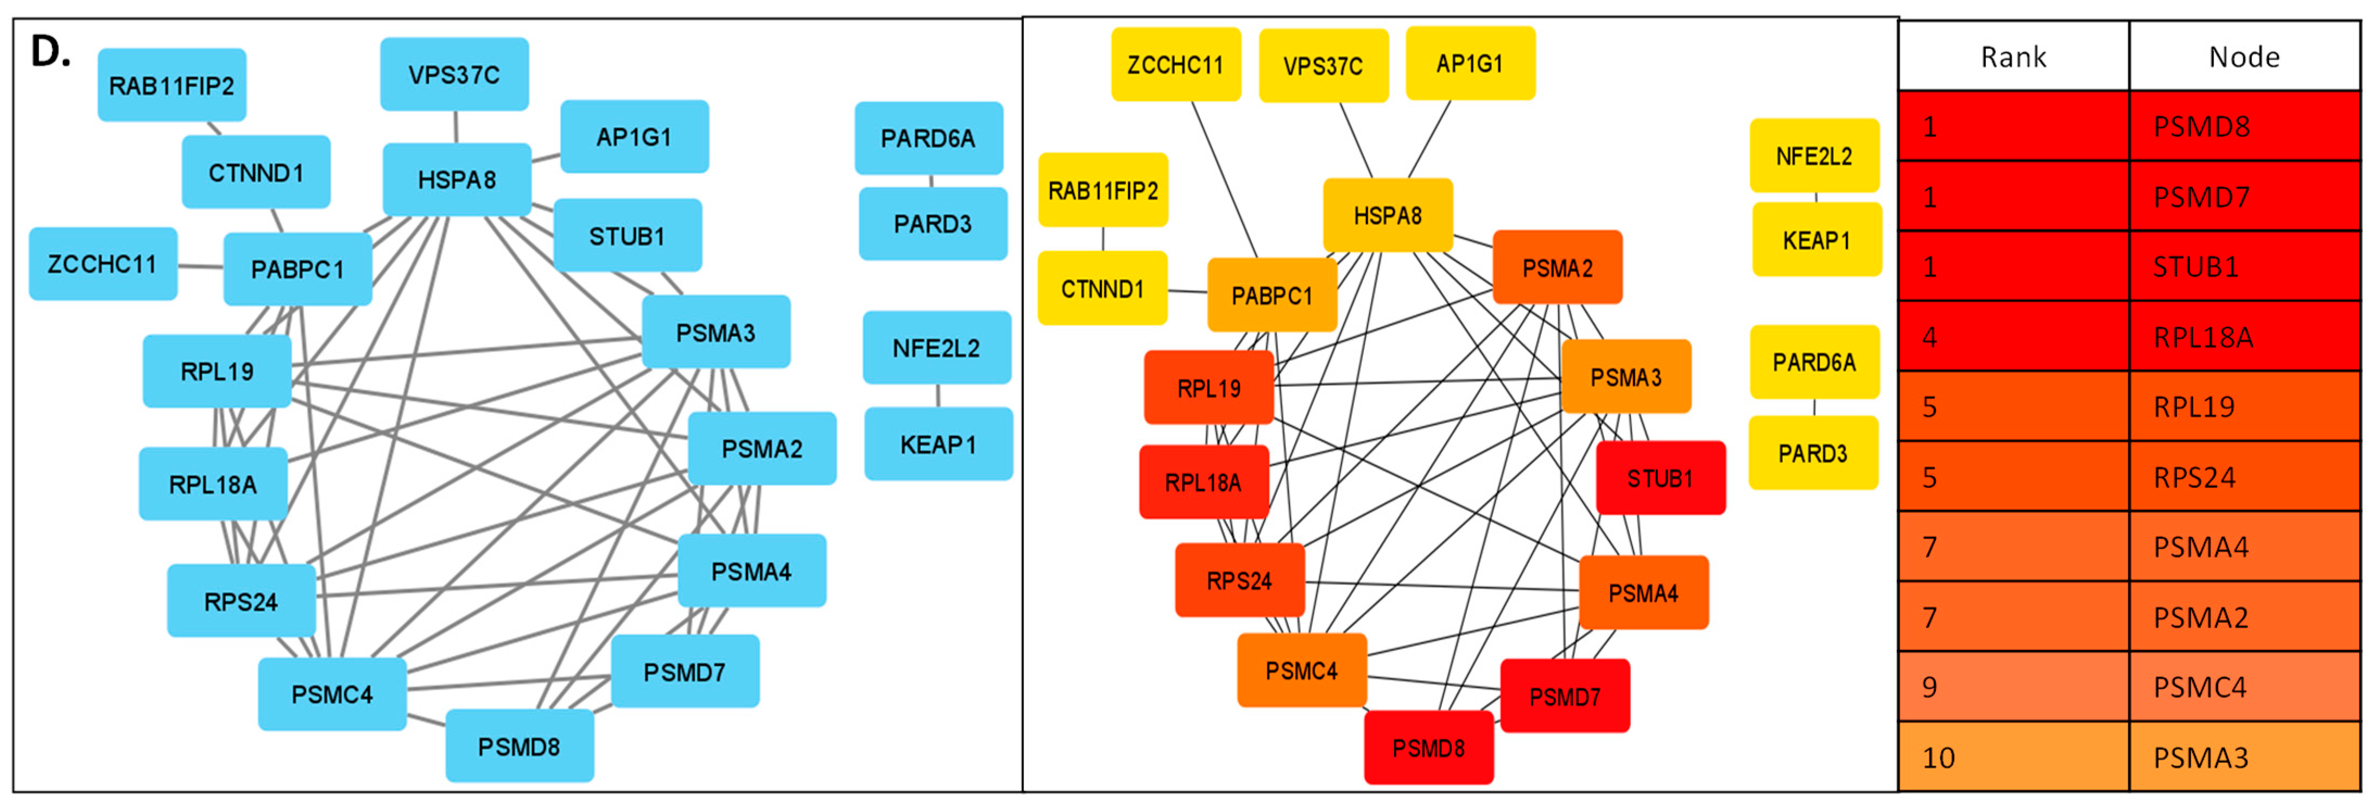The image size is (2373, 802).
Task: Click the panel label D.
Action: (50, 53)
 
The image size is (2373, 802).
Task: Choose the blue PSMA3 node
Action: (715, 332)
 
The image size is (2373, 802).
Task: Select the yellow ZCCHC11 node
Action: (1175, 65)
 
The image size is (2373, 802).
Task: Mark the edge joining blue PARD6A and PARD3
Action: (931, 181)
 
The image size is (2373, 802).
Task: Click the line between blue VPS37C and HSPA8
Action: (456, 126)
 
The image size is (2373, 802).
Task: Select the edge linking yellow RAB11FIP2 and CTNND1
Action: (1103, 239)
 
